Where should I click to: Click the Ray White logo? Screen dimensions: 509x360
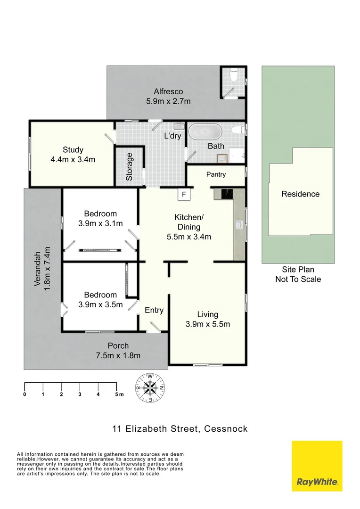[317, 466]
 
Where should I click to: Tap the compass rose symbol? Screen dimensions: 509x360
[150, 388]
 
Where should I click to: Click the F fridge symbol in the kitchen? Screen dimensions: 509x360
[184, 194]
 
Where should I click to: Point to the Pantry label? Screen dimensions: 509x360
[216, 174]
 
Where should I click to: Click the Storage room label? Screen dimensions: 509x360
[130, 167]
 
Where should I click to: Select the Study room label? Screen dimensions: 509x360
[73, 150]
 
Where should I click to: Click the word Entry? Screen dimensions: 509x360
[154, 310]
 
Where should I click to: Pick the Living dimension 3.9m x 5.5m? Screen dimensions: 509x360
[208, 324]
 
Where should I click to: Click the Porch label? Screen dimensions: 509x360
[118, 345]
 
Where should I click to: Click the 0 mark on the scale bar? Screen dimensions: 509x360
[25, 394]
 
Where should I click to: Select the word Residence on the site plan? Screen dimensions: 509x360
[300, 194]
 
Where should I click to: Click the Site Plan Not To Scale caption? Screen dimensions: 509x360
[298, 274]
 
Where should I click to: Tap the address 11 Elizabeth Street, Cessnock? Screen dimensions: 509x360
[180, 429]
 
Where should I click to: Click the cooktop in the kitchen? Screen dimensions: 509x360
[227, 194]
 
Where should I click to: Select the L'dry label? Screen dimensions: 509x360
[172, 137]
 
